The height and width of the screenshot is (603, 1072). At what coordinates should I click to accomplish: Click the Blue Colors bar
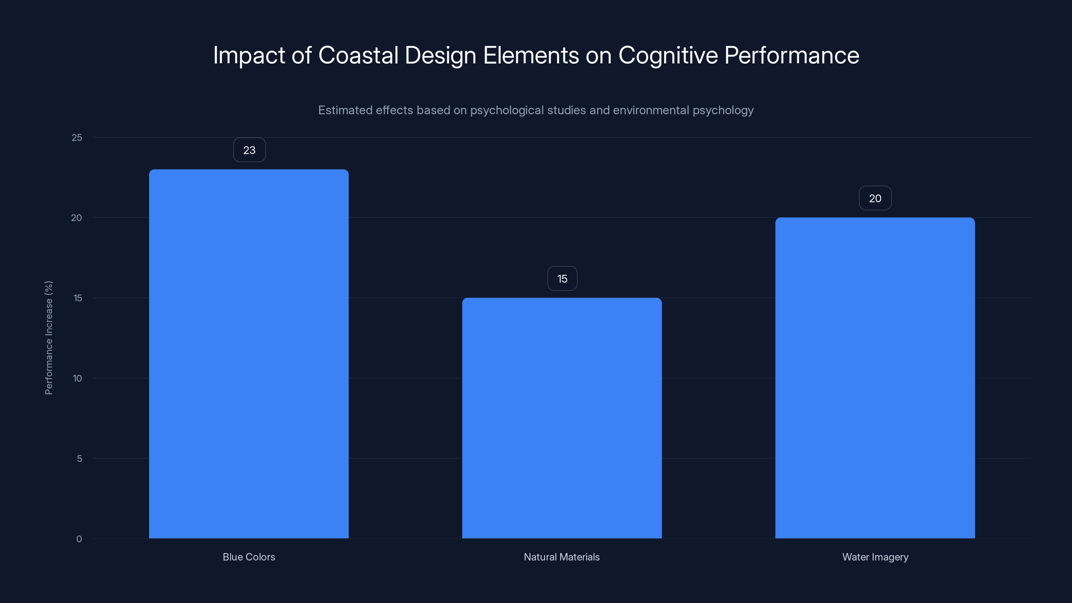click(249, 354)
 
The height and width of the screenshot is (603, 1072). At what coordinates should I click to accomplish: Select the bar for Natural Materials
click(562, 418)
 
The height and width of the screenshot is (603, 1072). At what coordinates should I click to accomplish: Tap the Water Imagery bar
click(875, 378)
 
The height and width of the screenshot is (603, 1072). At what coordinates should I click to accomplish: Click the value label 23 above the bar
click(249, 150)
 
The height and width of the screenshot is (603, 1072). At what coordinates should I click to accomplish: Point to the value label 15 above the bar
click(562, 278)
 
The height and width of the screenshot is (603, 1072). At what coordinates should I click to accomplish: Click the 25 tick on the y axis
click(77, 137)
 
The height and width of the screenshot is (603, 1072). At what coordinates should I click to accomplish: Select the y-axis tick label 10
click(77, 378)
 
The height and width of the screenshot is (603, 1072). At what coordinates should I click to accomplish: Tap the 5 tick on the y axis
click(79, 459)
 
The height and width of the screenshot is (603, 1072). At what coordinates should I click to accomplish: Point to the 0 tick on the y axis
click(79, 539)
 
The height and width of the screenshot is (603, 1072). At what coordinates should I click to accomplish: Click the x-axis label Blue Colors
click(249, 557)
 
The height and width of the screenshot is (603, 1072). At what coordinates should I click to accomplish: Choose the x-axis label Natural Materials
click(562, 557)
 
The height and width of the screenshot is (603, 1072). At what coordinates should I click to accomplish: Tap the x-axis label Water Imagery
click(875, 557)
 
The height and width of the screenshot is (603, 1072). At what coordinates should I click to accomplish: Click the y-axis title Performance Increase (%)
click(49, 337)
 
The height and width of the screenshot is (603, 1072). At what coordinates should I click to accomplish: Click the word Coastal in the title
click(358, 55)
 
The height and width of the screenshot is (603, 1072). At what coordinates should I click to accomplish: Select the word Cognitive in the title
click(668, 56)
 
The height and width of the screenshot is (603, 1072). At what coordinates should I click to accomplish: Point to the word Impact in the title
click(249, 56)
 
